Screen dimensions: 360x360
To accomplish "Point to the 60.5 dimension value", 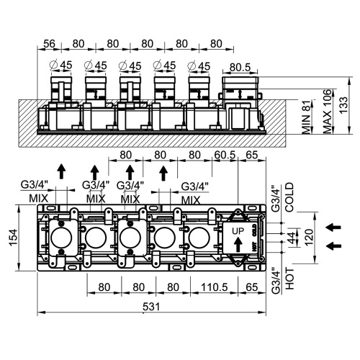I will pyautogui.click(x=225, y=153).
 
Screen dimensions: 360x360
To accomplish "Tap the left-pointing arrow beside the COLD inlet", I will pyautogui.click(x=333, y=228).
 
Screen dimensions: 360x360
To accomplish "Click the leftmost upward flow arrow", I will pyautogui.click(x=62, y=171).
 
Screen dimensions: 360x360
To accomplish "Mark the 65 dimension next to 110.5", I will pyautogui.click(x=251, y=287).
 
